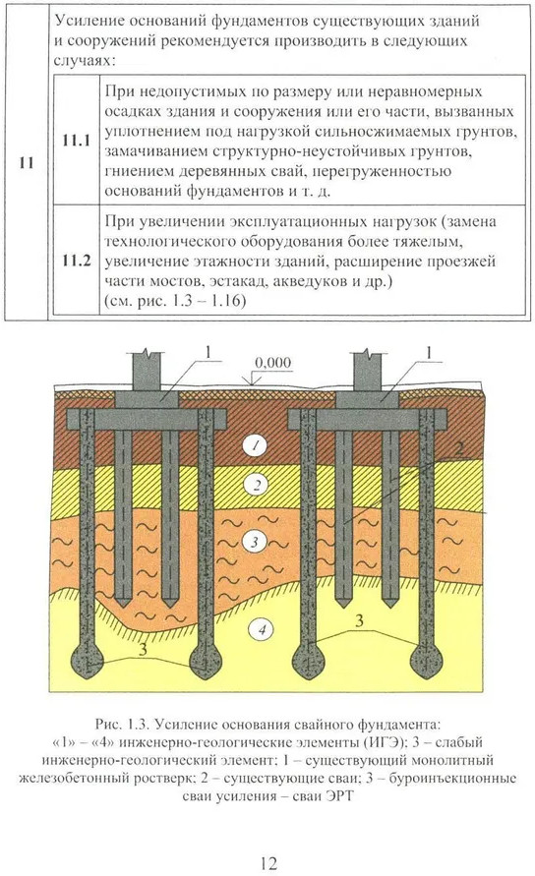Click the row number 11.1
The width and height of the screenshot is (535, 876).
[77, 141]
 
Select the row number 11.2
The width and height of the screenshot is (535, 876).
[77, 261]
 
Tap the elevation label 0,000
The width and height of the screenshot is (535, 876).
[272, 363]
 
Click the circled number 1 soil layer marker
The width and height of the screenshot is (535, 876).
[256, 445]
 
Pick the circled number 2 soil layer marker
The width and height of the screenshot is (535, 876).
[257, 485]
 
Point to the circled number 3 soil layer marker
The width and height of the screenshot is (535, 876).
[255, 542]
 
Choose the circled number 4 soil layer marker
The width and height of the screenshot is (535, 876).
[262, 631]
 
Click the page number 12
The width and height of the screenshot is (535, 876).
[268, 863]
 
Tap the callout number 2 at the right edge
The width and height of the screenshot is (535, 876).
[459, 448]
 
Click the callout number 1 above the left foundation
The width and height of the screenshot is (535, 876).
[208, 353]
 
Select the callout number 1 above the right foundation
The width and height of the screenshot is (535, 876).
[429, 353]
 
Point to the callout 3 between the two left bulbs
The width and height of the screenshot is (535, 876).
[144, 650]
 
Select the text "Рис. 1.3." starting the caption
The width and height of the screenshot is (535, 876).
[122, 725]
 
